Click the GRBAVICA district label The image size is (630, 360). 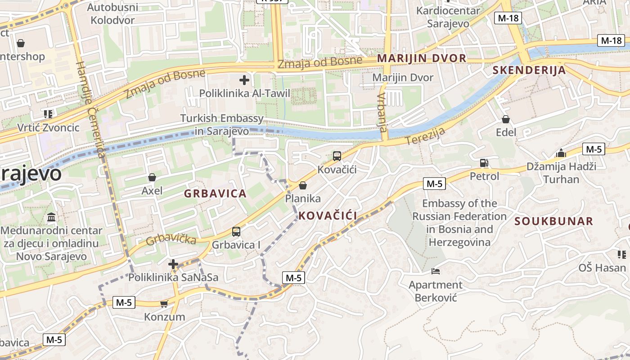click(x=215, y=194)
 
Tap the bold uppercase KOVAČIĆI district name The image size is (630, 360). click(x=328, y=216)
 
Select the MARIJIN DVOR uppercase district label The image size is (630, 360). click(x=422, y=58)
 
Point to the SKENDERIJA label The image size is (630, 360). click(x=529, y=70)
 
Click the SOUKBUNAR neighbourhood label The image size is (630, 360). click(x=553, y=221)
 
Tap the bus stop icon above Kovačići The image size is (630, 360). click(x=337, y=156)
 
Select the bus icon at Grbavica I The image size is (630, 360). click(x=236, y=232)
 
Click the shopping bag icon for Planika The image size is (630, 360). click(x=303, y=185)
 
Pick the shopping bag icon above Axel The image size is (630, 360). click(x=152, y=177)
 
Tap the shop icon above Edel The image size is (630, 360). click(x=506, y=119)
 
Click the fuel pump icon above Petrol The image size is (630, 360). click(x=484, y=162)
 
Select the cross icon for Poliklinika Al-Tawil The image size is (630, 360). click(x=244, y=81)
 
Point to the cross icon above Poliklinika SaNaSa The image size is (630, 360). click(x=173, y=264)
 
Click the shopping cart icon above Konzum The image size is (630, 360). click(x=164, y=304)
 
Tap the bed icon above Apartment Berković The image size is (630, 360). click(x=435, y=271)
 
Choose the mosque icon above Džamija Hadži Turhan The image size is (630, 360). click(x=561, y=153)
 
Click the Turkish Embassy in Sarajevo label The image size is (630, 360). click(x=222, y=125)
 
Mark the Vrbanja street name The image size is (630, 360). click(x=382, y=112)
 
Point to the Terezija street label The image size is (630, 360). click(x=425, y=136)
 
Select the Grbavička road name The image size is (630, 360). click(x=171, y=238)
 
